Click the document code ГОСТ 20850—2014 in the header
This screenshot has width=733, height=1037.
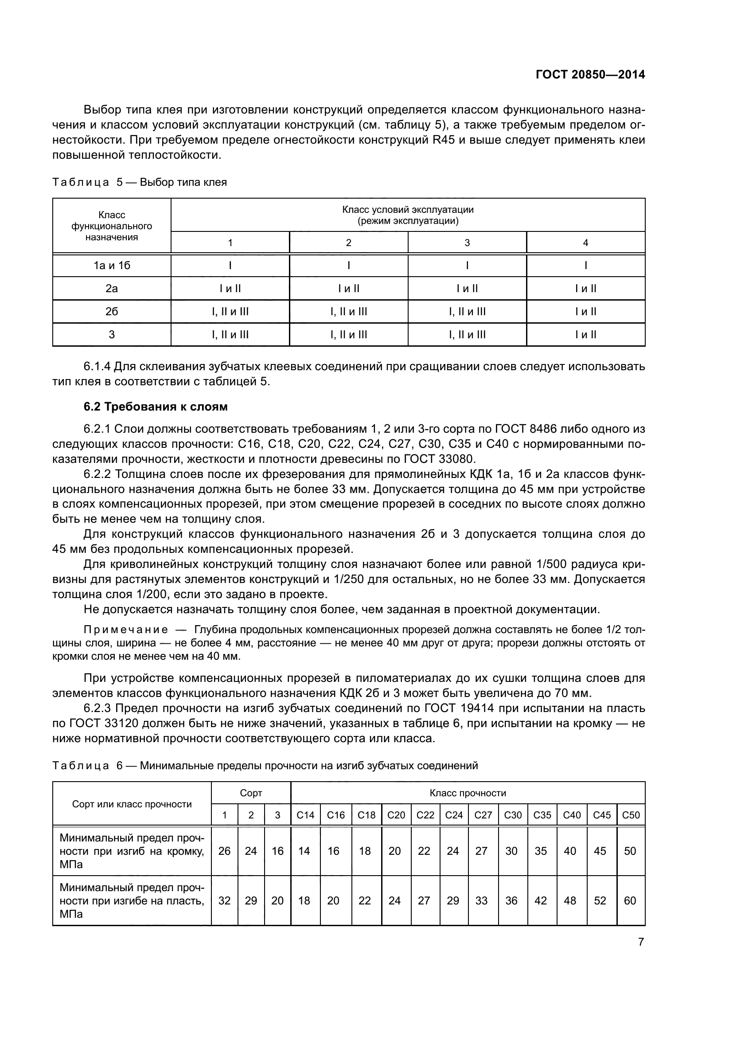pyautogui.click(x=590, y=74)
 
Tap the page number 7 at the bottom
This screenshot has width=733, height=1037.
pyautogui.click(x=640, y=942)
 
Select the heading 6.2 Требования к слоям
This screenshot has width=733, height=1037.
pyautogui.click(x=155, y=407)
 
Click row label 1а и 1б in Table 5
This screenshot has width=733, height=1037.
pyautogui.click(x=112, y=266)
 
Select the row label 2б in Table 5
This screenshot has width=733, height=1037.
pyautogui.click(x=112, y=312)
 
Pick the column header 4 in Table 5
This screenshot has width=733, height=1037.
pyautogui.click(x=585, y=243)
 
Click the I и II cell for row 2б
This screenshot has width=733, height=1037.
pyautogui.click(x=585, y=312)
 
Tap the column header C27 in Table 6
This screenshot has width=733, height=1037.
pyautogui.click(x=483, y=815)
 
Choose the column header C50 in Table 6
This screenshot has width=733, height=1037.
pyautogui.click(x=631, y=815)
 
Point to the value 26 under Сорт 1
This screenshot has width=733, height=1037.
pyautogui.click(x=224, y=851)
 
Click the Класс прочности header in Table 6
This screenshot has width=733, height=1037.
pyautogui.click(x=468, y=793)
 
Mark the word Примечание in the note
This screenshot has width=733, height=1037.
pyautogui.click(x=126, y=630)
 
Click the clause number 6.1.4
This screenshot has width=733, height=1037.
pyautogui.click(x=97, y=366)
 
